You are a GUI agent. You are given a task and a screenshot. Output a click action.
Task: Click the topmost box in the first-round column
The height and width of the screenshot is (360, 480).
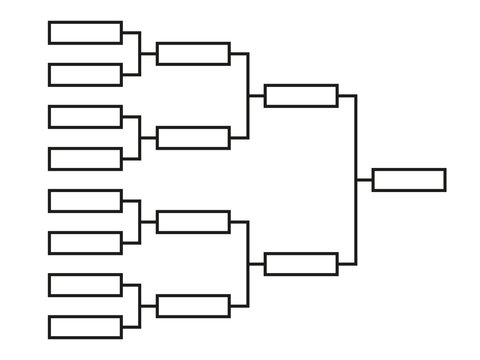tap(85, 32)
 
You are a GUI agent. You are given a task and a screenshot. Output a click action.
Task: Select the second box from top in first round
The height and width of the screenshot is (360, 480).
tap(85, 74)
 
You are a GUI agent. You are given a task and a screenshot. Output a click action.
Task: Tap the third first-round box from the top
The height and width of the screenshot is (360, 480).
tap(85, 116)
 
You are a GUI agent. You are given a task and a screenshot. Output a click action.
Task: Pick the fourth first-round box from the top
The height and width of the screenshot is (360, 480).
tap(85, 158)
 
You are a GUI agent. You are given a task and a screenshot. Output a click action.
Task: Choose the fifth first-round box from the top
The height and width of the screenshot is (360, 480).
tap(85, 201)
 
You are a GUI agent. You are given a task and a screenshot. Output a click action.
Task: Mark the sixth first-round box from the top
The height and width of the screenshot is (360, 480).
tap(85, 243)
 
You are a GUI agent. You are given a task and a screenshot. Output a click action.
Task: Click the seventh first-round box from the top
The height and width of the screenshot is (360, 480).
tap(85, 285)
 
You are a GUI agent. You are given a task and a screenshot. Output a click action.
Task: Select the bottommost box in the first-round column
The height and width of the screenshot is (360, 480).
tap(85, 327)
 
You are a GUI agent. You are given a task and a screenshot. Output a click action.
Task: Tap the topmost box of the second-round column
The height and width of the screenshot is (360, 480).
tap(193, 53)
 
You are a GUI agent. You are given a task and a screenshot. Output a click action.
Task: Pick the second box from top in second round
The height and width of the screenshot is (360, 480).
tap(193, 137)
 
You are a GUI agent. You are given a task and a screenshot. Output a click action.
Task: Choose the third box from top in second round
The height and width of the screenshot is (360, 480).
tap(193, 222)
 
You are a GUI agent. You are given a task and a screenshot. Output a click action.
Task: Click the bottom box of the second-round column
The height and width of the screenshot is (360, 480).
tap(193, 306)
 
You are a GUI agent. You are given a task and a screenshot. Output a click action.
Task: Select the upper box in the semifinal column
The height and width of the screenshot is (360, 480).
tap(301, 95)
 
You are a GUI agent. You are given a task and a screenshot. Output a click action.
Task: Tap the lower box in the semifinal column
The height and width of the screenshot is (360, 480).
tap(301, 264)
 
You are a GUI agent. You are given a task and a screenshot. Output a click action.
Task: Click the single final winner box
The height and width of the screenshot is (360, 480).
tap(409, 179)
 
